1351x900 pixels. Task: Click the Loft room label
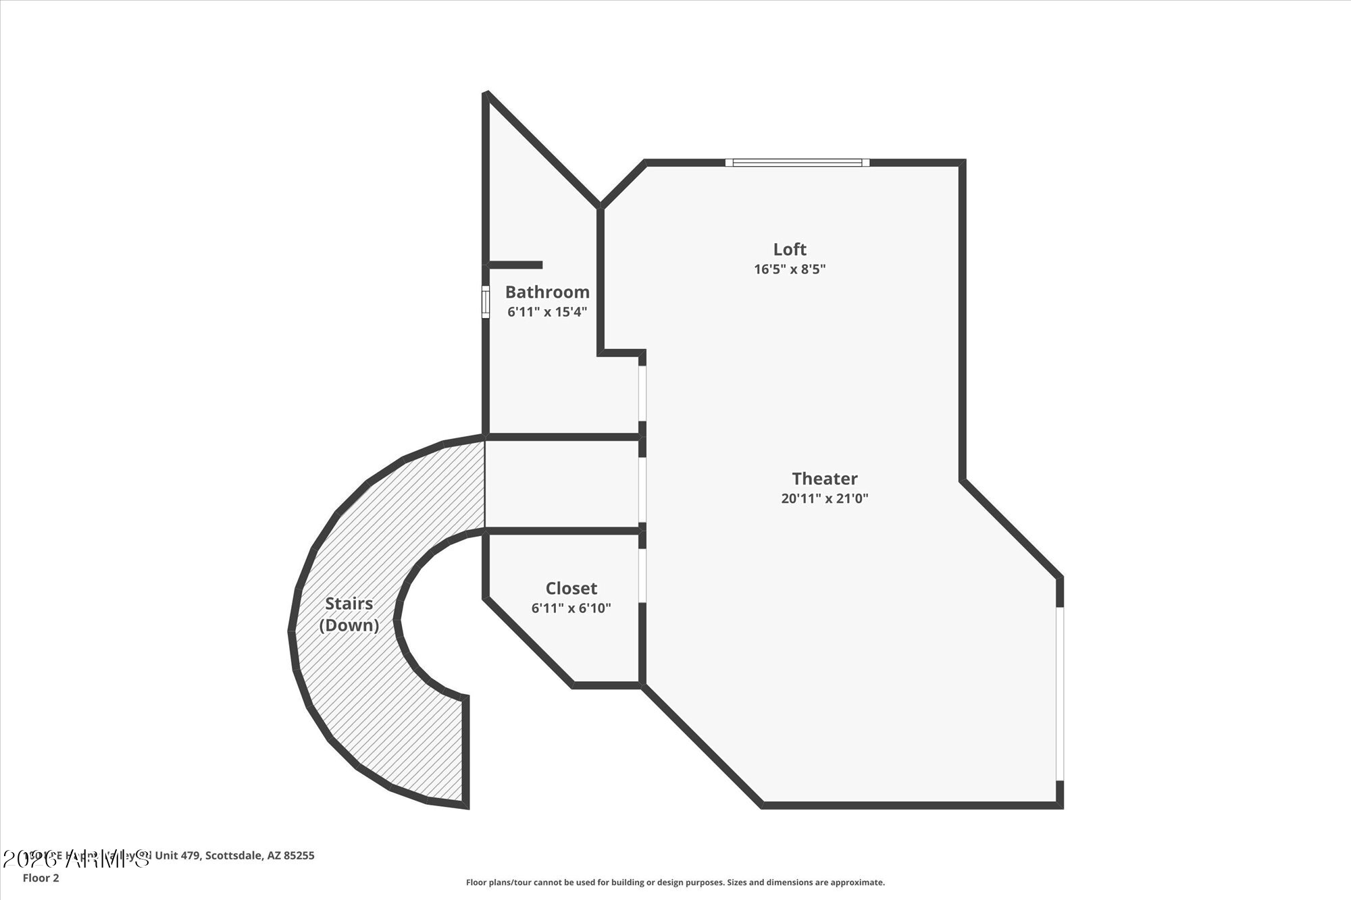point(790,249)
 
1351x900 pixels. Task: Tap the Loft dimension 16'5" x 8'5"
point(790,269)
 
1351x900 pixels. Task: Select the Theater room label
point(825,479)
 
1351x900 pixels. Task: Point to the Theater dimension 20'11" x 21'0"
point(825,499)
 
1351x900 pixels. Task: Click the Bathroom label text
point(547,292)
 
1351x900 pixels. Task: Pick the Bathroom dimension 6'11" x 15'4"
point(547,312)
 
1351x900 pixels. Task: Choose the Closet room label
point(571,588)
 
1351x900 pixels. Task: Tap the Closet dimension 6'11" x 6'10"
point(571,608)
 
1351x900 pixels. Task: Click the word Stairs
point(349,604)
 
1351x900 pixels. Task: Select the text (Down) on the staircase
point(349,625)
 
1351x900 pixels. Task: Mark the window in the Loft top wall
point(797,163)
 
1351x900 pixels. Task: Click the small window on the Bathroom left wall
point(485,301)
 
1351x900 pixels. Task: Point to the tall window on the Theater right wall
point(1060,693)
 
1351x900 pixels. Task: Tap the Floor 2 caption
point(41,878)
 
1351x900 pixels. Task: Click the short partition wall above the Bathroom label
point(515,265)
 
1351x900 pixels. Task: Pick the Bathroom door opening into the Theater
point(642,394)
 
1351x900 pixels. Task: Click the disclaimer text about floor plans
point(675,882)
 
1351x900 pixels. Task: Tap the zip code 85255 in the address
point(299,855)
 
